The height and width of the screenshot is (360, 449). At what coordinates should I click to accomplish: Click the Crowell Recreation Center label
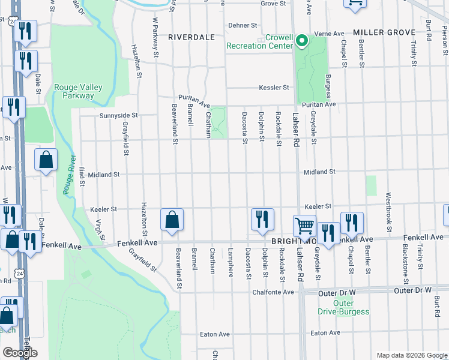(x=259, y=41)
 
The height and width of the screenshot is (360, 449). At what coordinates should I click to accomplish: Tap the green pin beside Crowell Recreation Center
(x=303, y=41)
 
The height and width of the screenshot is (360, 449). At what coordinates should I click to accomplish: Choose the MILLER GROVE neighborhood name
(x=384, y=32)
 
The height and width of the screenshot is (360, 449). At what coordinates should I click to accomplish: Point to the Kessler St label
(x=274, y=88)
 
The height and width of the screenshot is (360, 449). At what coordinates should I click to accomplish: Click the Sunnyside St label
(x=118, y=115)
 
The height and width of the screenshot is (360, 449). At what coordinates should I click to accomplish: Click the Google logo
(x=20, y=353)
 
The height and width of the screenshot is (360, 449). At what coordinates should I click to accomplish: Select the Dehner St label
(x=243, y=26)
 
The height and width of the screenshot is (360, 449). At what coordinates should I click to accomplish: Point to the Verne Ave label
(x=330, y=34)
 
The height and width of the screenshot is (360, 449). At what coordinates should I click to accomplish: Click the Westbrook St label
(x=388, y=208)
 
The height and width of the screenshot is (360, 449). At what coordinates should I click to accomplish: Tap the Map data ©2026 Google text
(x=411, y=355)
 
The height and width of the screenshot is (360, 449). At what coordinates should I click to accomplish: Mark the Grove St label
(x=273, y=4)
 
